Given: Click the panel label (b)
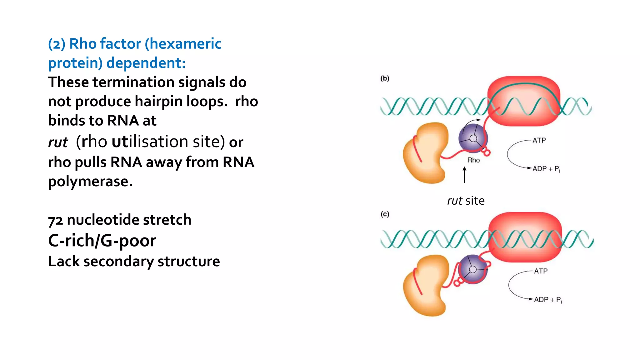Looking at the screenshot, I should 385,78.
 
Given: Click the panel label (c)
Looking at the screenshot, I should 385,214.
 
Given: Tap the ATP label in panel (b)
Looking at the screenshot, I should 539,140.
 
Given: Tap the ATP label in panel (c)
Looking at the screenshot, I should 541,271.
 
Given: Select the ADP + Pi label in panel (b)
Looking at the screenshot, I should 546,169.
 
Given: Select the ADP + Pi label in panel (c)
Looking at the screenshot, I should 547,300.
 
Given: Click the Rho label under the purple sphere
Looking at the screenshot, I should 473,160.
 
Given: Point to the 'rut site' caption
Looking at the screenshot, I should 466,201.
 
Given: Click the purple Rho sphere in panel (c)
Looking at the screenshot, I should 472,269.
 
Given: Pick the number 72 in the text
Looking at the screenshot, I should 55,220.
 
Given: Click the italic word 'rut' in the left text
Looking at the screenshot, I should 58,142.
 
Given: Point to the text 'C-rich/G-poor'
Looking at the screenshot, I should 102,240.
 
